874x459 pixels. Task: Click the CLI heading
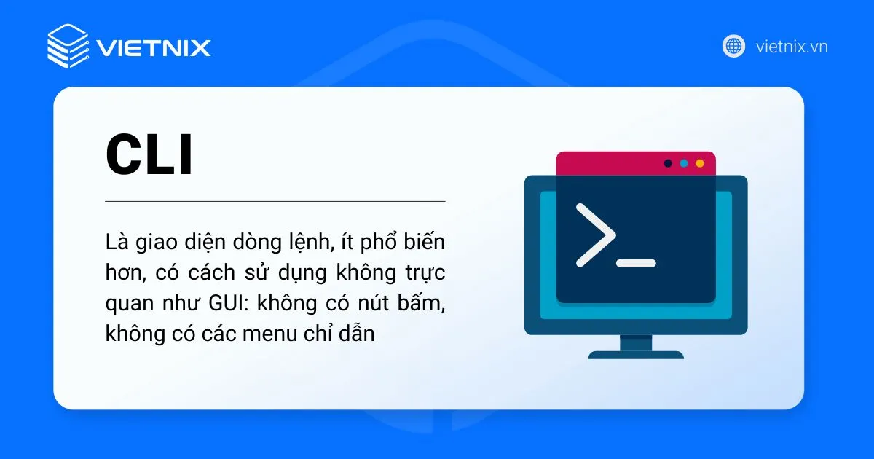pyautogui.click(x=149, y=155)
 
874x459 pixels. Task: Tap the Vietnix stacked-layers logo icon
pyautogui.click(x=67, y=46)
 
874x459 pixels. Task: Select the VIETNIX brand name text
pyautogui.click(x=153, y=48)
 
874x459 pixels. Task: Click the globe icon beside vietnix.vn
pyautogui.click(x=733, y=46)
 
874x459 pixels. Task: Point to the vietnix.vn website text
pyautogui.click(x=792, y=47)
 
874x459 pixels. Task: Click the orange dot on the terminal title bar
pyautogui.click(x=700, y=163)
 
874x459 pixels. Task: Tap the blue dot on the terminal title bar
pyautogui.click(x=684, y=163)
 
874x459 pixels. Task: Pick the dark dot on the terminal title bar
pyautogui.click(x=668, y=163)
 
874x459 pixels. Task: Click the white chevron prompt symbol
pyautogui.click(x=595, y=234)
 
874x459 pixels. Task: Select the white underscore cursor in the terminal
pyautogui.click(x=636, y=262)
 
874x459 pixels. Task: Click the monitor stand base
pyautogui.click(x=636, y=355)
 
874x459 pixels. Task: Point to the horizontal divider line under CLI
pyautogui.click(x=275, y=200)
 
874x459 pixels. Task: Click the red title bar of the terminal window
pyautogui.click(x=605, y=163)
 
